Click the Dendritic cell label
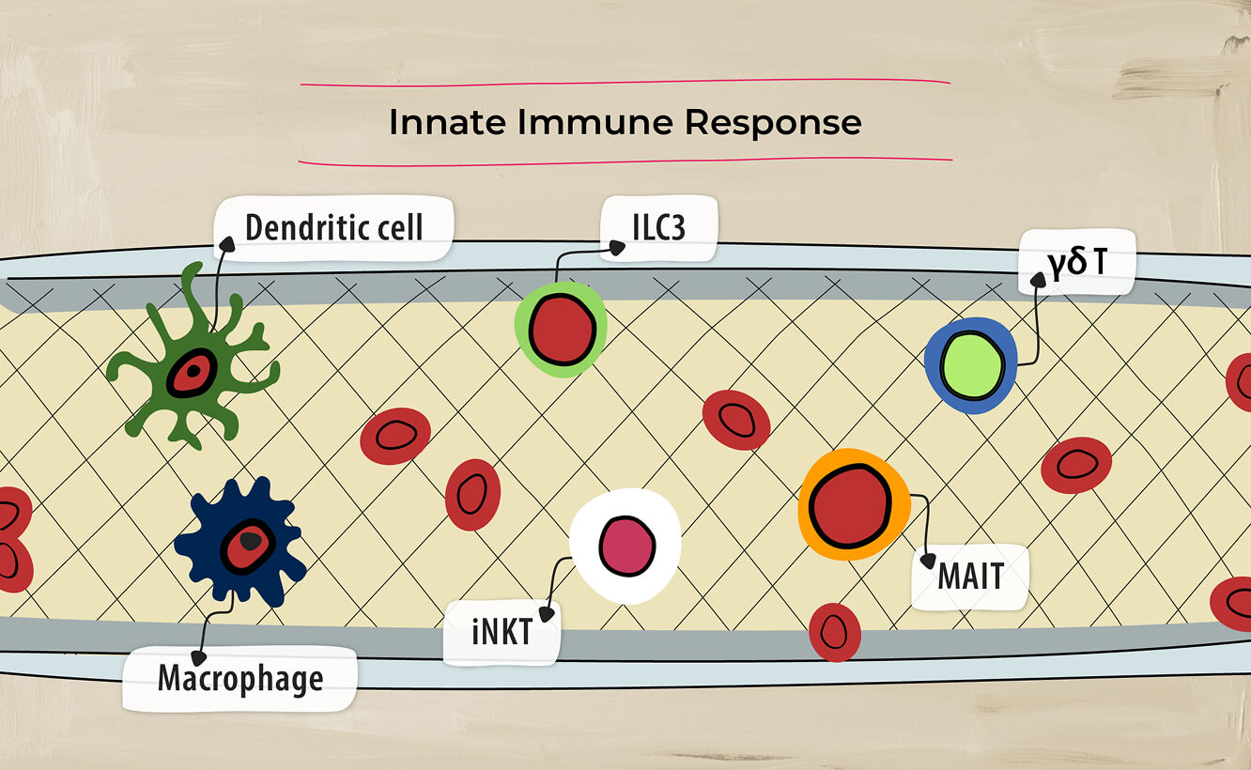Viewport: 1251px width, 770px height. pos(333,228)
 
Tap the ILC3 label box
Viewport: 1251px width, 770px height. pos(659,228)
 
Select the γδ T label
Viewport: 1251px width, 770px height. pos(1076,261)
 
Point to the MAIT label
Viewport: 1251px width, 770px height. pos(970,577)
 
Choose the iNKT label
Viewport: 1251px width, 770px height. pos(502,632)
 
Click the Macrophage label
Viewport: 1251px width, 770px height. pos(239,678)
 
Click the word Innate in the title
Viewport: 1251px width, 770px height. pos(448,122)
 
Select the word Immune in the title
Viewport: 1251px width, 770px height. pos(595,122)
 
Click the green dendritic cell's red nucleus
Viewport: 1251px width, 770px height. pos(192,373)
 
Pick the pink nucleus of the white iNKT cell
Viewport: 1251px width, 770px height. pos(626,546)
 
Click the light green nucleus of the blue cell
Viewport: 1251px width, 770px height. pos(972,366)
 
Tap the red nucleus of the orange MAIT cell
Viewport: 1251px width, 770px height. pos(850,506)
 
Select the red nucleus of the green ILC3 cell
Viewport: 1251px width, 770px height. pos(563,330)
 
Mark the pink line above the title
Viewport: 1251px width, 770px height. pos(625,83)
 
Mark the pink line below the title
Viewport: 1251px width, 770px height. pos(625,162)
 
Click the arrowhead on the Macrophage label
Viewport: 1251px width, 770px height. pos(198,657)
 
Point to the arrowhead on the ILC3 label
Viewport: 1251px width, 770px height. pos(616,247)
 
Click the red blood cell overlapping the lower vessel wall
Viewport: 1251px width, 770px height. pos(834,632)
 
